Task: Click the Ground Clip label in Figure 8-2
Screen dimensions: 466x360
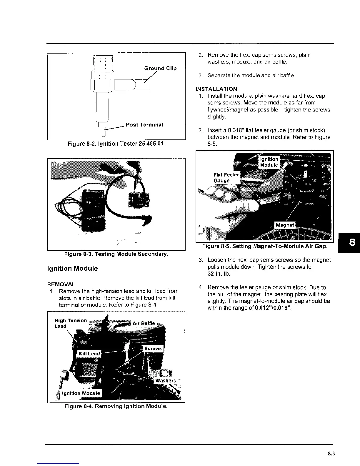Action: [160, 69]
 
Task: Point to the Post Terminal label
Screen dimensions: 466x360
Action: [144, 125]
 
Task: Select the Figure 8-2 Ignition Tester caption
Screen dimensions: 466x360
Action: [116, 144]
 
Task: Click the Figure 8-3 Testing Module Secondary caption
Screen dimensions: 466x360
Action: [116, 254]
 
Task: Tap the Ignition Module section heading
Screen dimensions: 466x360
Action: [72, 269]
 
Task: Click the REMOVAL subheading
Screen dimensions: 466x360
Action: [61, 284]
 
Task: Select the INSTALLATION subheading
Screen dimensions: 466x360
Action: [216, 89]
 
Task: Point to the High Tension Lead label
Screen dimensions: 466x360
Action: [71, 323]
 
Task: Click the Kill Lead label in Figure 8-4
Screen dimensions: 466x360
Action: [89, 354]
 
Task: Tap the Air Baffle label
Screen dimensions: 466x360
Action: [144, 323]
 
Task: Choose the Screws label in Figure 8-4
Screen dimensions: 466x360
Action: [153, 349]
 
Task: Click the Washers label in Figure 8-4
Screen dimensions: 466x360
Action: [165, 381]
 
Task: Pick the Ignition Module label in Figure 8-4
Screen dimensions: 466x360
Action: [81, 393]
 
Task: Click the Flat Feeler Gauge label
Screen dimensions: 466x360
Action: [226, 178]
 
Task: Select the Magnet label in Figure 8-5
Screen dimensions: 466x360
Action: [284, 225]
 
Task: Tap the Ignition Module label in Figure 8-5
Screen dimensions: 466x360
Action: [269, 162]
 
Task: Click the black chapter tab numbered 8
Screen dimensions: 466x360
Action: [352, 242]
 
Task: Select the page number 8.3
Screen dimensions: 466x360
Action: [331, 454]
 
